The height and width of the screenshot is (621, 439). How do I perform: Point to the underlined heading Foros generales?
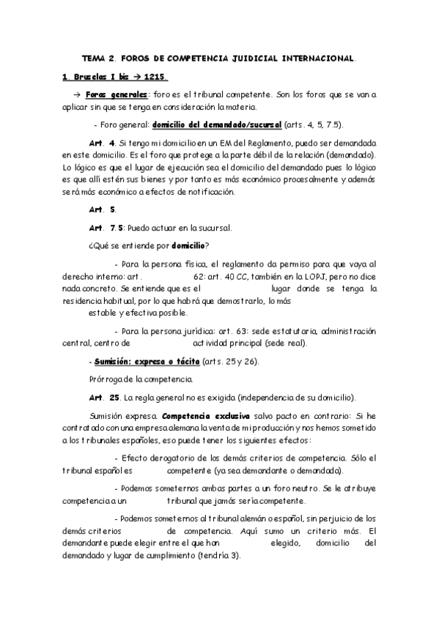click(x=116, y=95)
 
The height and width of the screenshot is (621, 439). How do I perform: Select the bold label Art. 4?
click(x=100, y=144)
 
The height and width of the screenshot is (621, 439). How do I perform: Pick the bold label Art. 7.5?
click(x=106, y=228)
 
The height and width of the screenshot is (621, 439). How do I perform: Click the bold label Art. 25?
click(x=103, y=398)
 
